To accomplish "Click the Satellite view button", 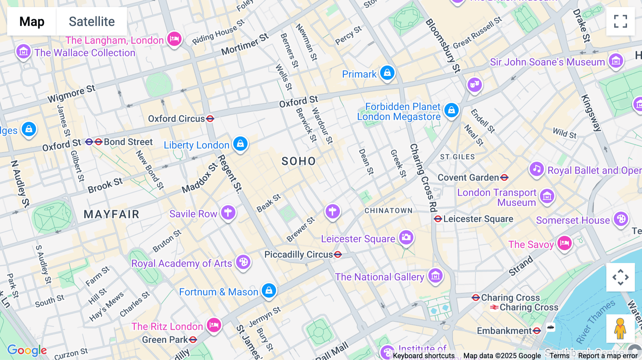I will coord(92,21).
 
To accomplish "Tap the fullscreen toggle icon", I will coord(620,21).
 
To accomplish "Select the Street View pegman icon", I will coord(620,328).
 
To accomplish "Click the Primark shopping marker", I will coord(387,73).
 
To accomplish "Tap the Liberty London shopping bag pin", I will coord(240,144).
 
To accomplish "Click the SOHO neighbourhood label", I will coord(299,161).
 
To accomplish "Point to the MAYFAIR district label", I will coord(111,214).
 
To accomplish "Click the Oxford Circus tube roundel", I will coord(210,119).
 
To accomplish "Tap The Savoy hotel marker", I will coord(564,243).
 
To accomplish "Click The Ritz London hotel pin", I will coord(214,325).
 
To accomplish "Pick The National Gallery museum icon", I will coord(435,276).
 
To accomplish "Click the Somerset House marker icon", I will coord(621,219).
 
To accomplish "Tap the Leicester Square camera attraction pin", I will coord(406,237).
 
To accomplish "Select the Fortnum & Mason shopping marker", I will coord(269,290).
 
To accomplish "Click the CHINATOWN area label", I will coord(388,211).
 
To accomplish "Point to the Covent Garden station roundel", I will coord(504,178).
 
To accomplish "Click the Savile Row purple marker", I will coord(228,212).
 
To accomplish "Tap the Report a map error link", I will coord(607,356).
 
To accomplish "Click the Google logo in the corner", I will coord(27,350).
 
